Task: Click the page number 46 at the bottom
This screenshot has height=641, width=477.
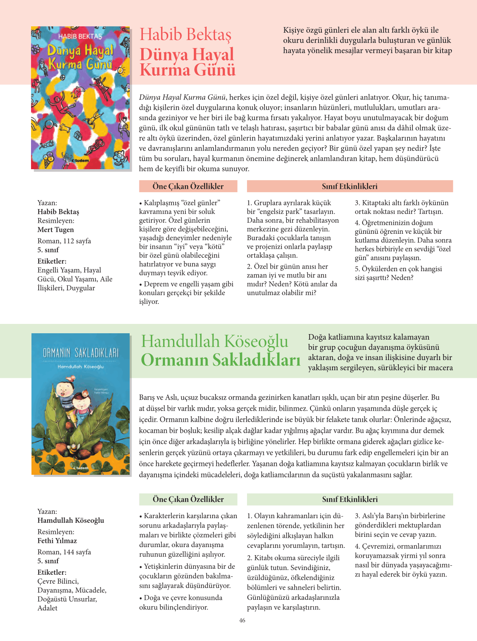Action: (x=242, y=620)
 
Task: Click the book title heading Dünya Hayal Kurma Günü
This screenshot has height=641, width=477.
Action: (x=187, y=62)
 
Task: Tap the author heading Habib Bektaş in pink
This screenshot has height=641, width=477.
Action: (x=186, y=35)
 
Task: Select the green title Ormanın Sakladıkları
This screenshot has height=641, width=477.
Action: (x=221, y=360)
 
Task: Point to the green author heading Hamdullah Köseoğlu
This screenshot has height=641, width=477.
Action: (x=215, y=341)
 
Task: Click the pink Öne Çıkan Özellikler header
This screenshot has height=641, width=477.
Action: (x=188, y=186)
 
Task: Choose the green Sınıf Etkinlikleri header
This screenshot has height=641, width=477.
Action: (x=349, y=499)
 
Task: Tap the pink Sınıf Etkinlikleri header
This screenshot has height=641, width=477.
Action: (x=349, y=186)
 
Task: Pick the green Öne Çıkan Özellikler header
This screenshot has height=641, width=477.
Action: (x=188, y=499)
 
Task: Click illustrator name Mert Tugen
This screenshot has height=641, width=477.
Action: (x=56, y=230)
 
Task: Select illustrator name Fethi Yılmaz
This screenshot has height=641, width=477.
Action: (x=57, y=541)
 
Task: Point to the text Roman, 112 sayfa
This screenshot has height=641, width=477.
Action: (x=64, y=241)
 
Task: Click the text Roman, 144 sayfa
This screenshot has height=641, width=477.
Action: (x=64, y=552)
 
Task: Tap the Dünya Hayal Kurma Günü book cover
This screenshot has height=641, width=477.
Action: (x=80, y=98)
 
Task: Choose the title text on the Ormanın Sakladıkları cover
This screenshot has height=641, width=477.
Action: (x=80, y=353)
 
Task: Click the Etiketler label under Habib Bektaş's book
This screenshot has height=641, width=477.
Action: (x=52, y=261)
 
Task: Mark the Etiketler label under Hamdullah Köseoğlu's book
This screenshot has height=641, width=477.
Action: (x=52, y=572)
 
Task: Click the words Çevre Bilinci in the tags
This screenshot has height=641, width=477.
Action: (x=58, y=581)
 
